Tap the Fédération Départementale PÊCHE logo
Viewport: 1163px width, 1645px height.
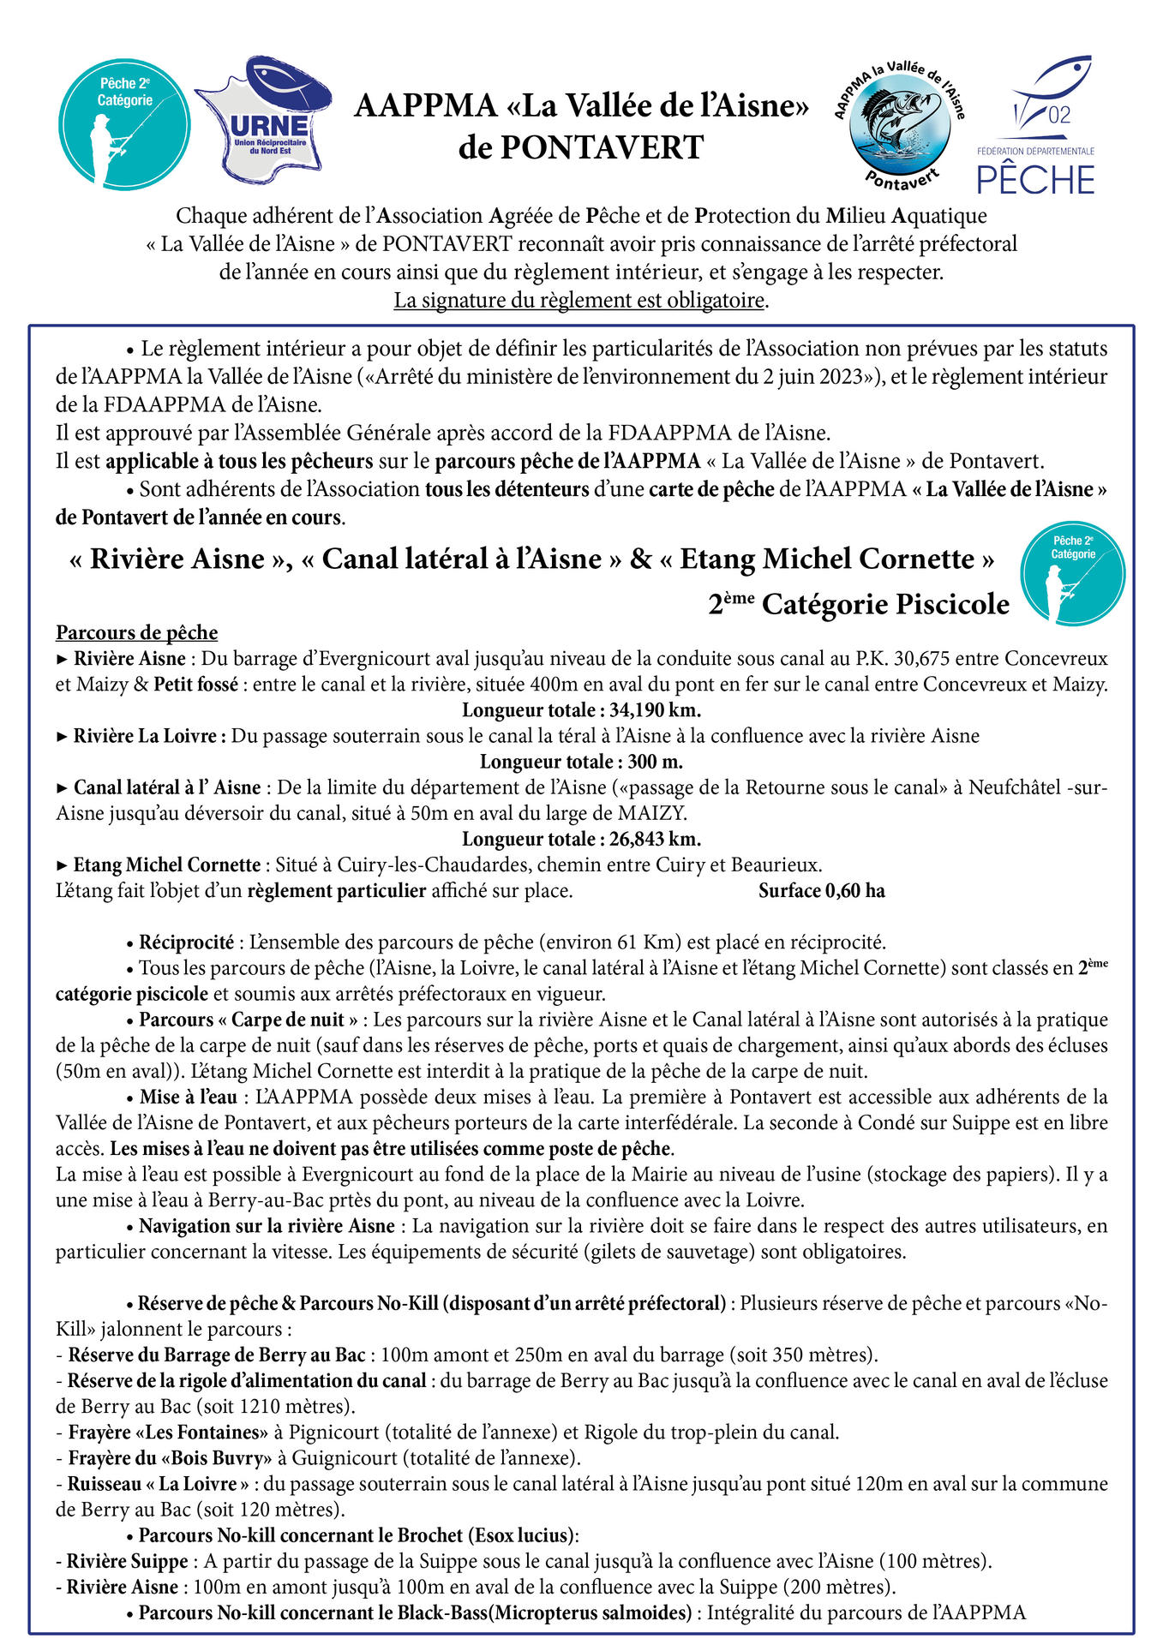[x=1036, y=127]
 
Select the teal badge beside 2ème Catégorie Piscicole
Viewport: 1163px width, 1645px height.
[x=1072, y=572]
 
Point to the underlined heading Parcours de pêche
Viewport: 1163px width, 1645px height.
[x=137, y=632]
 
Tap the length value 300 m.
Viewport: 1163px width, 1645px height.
[x=654, y=761]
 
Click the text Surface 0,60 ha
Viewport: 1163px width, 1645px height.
[x=821, y=890]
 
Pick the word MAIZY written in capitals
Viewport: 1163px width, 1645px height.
[x=650, y=812]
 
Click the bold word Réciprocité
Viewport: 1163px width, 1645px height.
[x=186, y=942]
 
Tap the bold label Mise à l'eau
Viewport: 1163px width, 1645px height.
[x=188, y=1097]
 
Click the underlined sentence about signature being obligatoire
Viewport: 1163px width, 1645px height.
[x=579, y=301]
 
